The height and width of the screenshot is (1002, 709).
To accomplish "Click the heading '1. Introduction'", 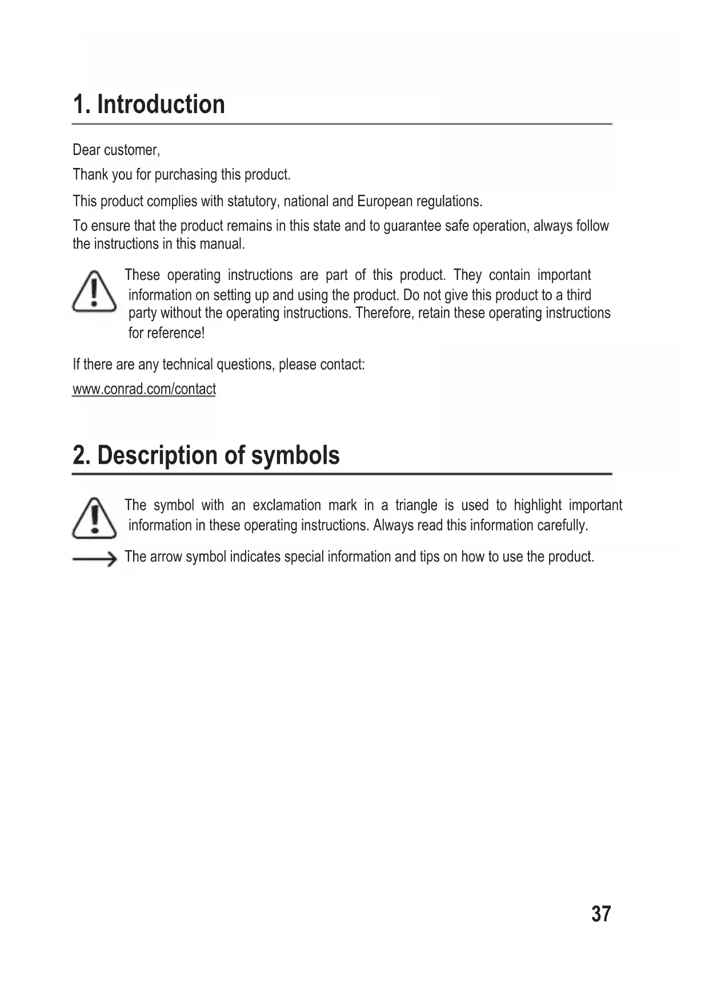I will (149, 105).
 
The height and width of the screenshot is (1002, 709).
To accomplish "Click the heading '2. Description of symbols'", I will (206, 455).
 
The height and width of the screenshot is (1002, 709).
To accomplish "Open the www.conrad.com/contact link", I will (144, 390).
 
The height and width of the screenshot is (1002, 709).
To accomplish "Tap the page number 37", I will (601, 914).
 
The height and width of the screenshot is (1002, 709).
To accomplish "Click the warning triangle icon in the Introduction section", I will (94, 292).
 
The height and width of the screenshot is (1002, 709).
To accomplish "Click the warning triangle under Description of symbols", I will (94, 519).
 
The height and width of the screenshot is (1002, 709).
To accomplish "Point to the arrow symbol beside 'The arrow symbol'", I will (94, 560).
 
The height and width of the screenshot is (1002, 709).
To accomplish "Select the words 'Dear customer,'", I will (116, 150).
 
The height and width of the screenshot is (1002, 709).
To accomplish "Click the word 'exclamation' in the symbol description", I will (287, 506).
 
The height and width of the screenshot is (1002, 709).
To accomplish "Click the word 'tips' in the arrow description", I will (429, 556).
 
